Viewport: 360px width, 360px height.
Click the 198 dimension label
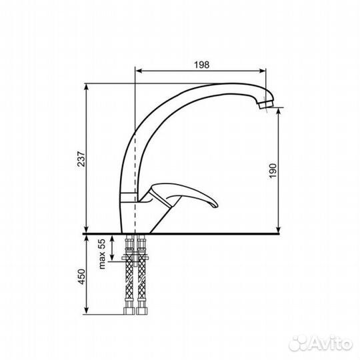[202, 65]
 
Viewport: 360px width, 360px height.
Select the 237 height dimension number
[81, 159]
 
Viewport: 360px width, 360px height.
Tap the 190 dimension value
[273, 171]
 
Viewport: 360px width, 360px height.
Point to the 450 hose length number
[82, 277]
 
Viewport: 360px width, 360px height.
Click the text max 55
[102, 254]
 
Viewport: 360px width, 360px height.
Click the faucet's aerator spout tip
[267, 105]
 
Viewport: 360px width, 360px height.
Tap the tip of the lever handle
[217, 205]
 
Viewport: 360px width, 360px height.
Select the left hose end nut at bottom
[129, 311]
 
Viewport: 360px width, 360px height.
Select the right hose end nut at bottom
[142, 311]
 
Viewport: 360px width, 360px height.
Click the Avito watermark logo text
[321, 344]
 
